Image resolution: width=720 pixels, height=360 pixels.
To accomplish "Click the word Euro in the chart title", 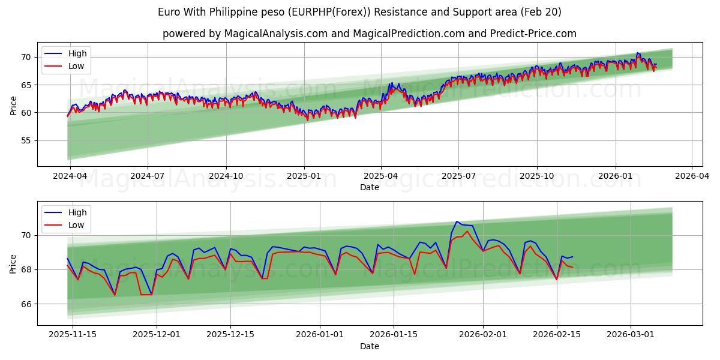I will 169,12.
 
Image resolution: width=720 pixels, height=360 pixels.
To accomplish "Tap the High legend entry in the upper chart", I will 77,53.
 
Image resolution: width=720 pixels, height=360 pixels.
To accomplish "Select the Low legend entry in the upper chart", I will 76,66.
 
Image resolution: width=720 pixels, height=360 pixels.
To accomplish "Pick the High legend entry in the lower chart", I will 77,212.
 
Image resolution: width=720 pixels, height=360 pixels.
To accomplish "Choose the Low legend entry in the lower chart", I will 76,225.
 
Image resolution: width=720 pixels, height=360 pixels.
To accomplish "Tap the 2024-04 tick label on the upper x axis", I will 70,176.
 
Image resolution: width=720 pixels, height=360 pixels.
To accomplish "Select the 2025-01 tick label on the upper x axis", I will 304,176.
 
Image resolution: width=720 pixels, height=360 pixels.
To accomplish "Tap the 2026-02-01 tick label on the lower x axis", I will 483,335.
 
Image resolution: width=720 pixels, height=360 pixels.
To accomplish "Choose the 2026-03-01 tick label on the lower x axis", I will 631,335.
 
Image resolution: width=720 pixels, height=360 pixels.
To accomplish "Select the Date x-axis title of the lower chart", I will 370,346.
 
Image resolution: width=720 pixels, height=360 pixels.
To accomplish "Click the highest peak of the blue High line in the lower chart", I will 457,221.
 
